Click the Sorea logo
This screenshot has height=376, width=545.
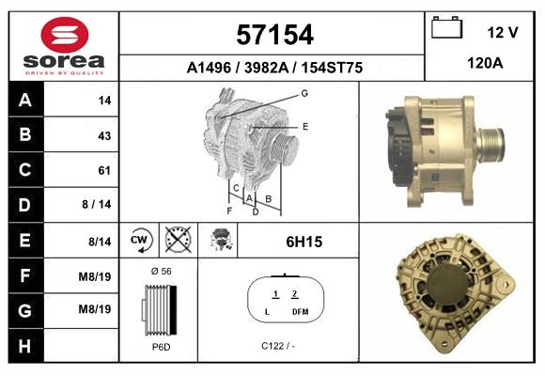[x=63, y=46]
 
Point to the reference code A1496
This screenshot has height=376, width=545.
[x=208, y=69]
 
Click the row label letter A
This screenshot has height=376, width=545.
[x=25, y=100]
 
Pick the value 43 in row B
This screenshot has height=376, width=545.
[x=104, y=135]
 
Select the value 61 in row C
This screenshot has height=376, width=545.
[x=104, y=170]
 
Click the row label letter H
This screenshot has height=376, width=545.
[x=25, y=345]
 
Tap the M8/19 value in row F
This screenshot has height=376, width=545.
[x=97, y=275]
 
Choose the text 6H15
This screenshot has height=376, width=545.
[x=304, y=242]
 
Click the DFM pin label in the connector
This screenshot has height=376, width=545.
[x=299, y=311]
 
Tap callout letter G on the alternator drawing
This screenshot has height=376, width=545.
[x=304, y=93]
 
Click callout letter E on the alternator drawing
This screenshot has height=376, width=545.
[x=304, y=125]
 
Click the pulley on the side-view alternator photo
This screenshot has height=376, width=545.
[x=490, y=145]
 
